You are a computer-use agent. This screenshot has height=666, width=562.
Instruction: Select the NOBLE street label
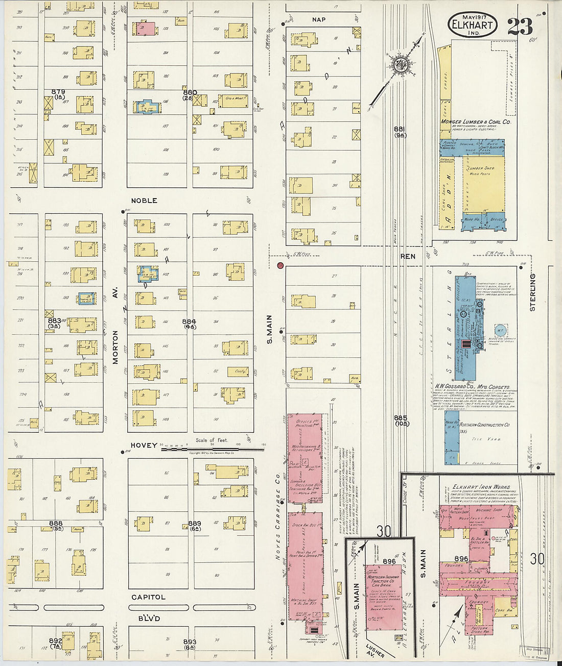144,201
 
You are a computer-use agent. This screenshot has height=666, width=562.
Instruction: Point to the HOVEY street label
144,445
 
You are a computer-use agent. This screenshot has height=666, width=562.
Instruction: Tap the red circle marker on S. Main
280,265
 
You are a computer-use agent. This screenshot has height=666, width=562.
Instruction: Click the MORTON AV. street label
115,347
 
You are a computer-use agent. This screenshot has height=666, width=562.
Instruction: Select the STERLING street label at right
532,292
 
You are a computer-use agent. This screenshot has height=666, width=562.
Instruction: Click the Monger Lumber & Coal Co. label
476,122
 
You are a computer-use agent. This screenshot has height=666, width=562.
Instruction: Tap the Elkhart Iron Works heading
478,487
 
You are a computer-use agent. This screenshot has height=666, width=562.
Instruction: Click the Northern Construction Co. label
484,425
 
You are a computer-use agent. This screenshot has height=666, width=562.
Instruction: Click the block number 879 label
58,92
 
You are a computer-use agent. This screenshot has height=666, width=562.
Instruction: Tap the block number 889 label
195,524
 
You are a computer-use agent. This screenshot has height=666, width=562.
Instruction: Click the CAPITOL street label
148,597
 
